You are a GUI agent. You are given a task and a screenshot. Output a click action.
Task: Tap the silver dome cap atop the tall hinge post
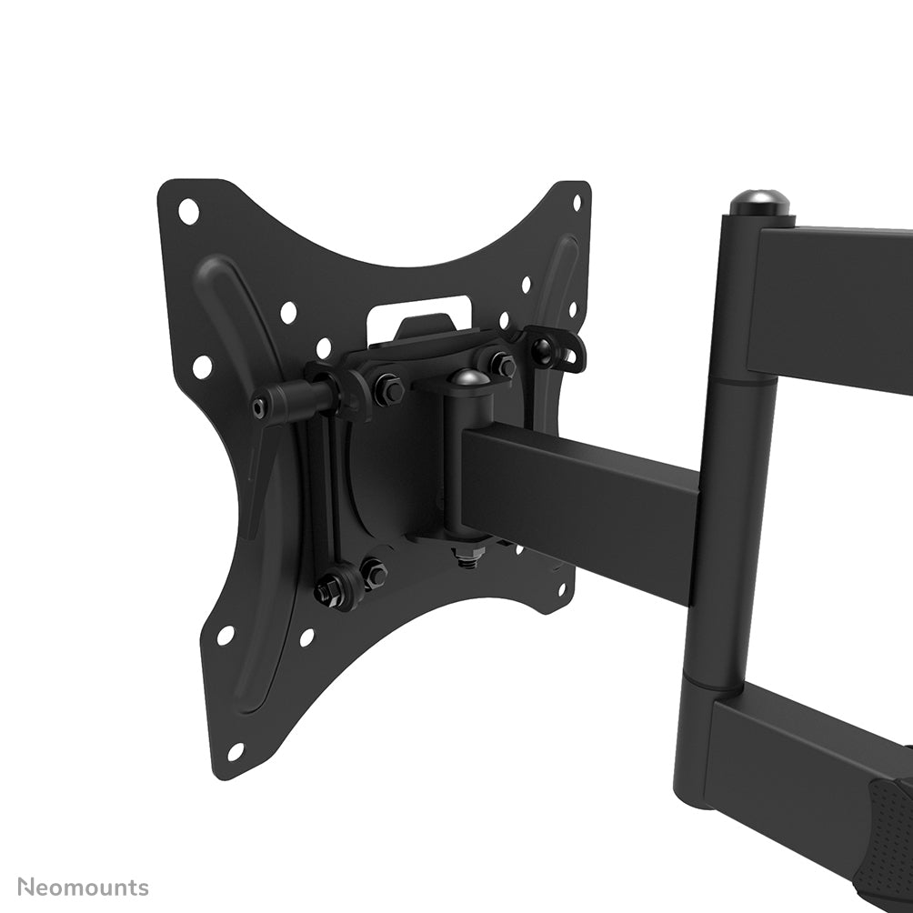point(760,203)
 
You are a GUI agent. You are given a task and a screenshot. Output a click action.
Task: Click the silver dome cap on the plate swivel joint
point(468,378)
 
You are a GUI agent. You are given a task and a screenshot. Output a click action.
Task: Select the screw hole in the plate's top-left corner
point(188,211)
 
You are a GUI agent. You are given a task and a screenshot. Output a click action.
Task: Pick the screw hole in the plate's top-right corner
point(577,203)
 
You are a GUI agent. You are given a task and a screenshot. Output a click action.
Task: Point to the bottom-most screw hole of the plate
point(236,751)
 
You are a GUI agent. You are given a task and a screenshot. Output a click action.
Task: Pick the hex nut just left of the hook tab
point(502,366)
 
